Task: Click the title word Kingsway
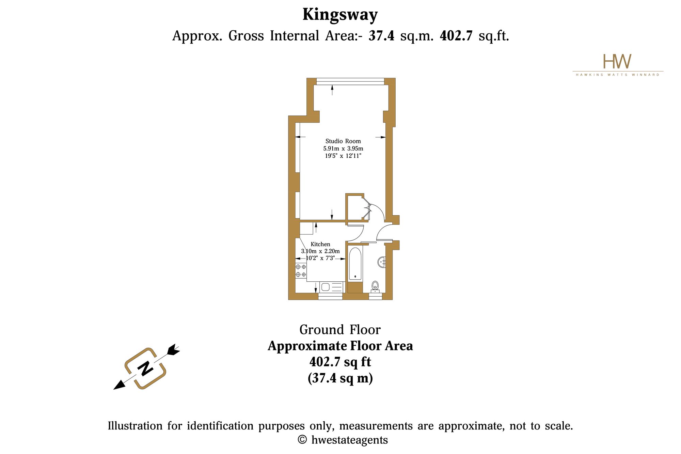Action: click(340, 15)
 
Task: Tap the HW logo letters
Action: click(617, 61)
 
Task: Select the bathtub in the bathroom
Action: click(355, 264)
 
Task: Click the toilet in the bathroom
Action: click(375, 286)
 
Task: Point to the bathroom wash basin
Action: click(382, 262)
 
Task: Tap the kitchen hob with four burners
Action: click(301, 270)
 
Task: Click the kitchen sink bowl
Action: click(325, 287)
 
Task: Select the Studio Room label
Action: click(343, 141)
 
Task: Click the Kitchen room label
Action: click(320, 244)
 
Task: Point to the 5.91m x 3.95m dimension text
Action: click(343, 148)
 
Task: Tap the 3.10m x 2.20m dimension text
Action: click(320, 251)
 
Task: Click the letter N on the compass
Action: click(145, 368)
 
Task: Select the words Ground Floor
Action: click(340, 330)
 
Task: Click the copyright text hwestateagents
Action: click(350, 440)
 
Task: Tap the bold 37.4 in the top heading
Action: click(381, 35)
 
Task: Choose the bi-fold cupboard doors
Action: click(367, 208)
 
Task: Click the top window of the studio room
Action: click(350, 81)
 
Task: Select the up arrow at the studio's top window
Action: click(332, 90)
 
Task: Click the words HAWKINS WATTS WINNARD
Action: click(618, 75)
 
